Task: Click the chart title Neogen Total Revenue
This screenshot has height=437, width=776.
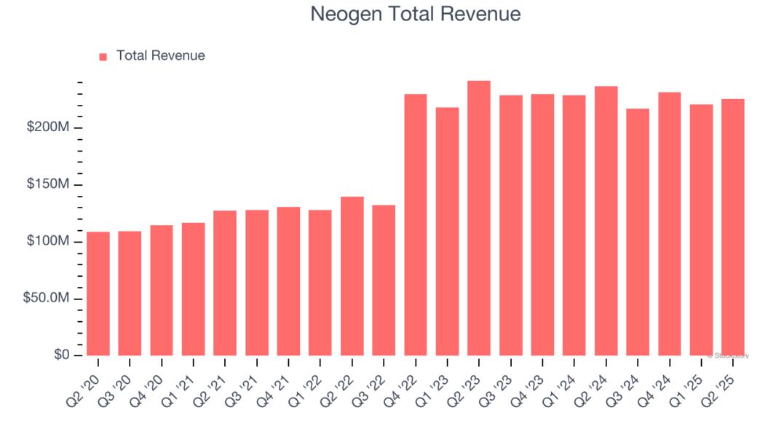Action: (x=416, y=14)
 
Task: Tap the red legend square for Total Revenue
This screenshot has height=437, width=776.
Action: (x=103, y=56)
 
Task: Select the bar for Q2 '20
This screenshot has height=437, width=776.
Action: (x=98, y=294)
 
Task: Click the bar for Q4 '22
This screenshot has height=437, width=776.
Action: (x=415, y=224)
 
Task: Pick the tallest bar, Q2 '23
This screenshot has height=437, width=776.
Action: (x=478, y=218)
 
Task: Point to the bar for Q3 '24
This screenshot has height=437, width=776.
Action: (x=637, y=232)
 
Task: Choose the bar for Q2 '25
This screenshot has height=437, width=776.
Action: (x=732, y=227)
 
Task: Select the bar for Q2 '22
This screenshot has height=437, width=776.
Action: (x=352, y=276)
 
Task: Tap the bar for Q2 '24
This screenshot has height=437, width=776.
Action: (x=606, y=221)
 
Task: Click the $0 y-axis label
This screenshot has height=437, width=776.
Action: (x=61, y=355)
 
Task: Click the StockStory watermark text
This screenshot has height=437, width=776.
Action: (x=728, y=355)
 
